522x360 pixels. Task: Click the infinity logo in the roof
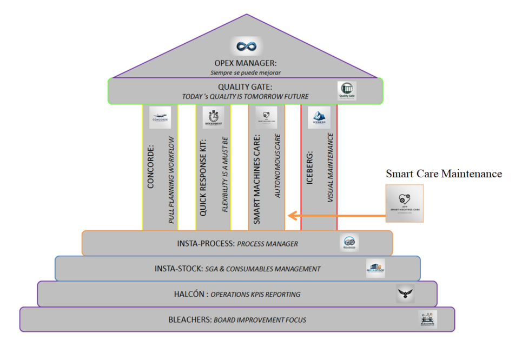coord(246,46)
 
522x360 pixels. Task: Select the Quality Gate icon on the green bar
coord(347,91)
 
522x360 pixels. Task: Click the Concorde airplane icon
coord(160,117)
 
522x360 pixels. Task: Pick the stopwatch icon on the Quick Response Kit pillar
coord(213,117)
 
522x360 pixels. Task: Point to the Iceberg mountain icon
coord(319,117)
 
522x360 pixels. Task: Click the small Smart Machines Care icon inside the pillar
coord(266,117)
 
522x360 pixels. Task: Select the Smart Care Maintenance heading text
coord(444,174)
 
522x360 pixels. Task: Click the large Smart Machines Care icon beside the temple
coord(405,203)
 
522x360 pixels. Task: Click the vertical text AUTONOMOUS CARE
coord(277,165)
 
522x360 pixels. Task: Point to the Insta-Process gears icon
coord(349,243)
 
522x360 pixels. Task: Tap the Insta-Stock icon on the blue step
coord(375,268)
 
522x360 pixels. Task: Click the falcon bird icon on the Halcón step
coord(405,294)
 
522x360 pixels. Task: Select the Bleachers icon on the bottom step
coord(427,319)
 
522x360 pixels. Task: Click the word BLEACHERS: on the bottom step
coord(190,320)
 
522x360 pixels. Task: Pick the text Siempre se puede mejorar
coord(246,72)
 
